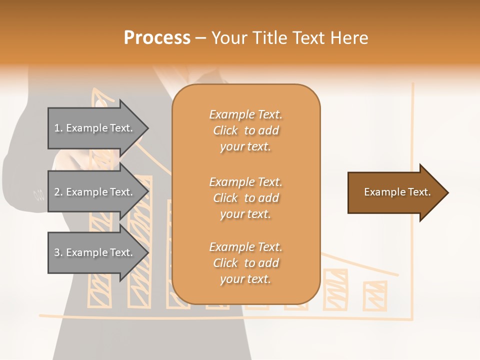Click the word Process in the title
click(x=157, y=38)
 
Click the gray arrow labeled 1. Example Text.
click(x=95, y=128)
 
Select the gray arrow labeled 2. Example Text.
click(x=95, y=192)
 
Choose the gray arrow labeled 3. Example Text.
click(x=95, y=252)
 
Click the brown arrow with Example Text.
click(x=395, y=192)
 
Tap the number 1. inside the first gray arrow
click(x=58, y=128)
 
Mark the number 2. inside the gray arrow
click(x=58, y=192)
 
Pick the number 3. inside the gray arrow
click(x=58, y=252)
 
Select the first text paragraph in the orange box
click(x=245, y=130)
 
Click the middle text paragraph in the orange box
click(x=245, y=198)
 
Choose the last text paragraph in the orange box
click(x=245, y=263)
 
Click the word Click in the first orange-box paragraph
click(x=225, y=130)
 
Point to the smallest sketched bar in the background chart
click(x=374, y=295)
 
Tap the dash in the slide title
click(x=201, y=38)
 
